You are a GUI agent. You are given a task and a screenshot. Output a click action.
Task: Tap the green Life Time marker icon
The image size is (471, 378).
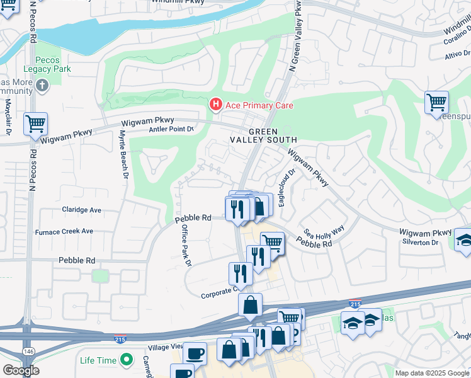coord(127,360)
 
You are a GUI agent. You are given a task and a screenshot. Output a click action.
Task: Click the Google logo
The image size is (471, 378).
coord(20,370)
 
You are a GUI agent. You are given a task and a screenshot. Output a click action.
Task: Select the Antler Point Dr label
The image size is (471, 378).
coord(171,129)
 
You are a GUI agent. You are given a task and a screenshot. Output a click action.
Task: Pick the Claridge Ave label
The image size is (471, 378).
coord(81,210)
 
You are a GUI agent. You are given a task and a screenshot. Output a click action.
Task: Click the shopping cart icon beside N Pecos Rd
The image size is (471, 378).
coord(35,123)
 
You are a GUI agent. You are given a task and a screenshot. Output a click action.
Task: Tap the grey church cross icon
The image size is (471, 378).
coord(42,86)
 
